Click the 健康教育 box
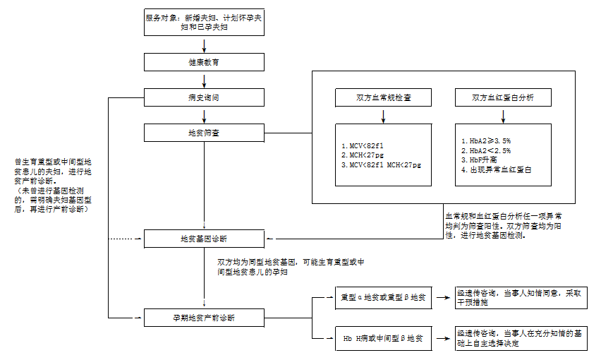pyautogui.click(x=204, y=62)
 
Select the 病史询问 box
pyautogui.click(x=204, y=97)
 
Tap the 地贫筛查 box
pyautogui.click(x=204, y=133)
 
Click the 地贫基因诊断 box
pyautogui.click(x=204, y=239)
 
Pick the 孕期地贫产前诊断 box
pyautogui.click(x=204, y=318)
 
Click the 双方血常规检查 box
pyautogui.click(x=383, y=97)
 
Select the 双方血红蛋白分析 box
pyautogui.click(x=503, y=97)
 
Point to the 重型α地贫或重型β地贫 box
pyautogui.click(x=383, y=297)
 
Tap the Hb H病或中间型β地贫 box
pyautogui.click(x=383, y=339)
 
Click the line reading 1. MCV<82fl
pyautogui.click(x=362, y=145)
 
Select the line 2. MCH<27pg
pyautogui.click(x=362, y=155)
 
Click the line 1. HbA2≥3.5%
pyautogui.click(x=486, y=140)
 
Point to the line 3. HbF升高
pyautogui.click(x=479, y=160)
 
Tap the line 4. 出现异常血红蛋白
pyautogui.click(x=497, y=169)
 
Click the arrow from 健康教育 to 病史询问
pyautogui.click(x=204, y=80)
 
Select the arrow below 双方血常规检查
pyautogui.click(x=383, y=116)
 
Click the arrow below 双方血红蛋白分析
pyautogui.click(x=503, y=116)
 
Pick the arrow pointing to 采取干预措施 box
pyautogui.click(x=443, y=297)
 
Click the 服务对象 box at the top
pyautogui.click(x=204, y=23)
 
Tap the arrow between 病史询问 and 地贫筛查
pyautogui.click(x=204, y=116)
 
